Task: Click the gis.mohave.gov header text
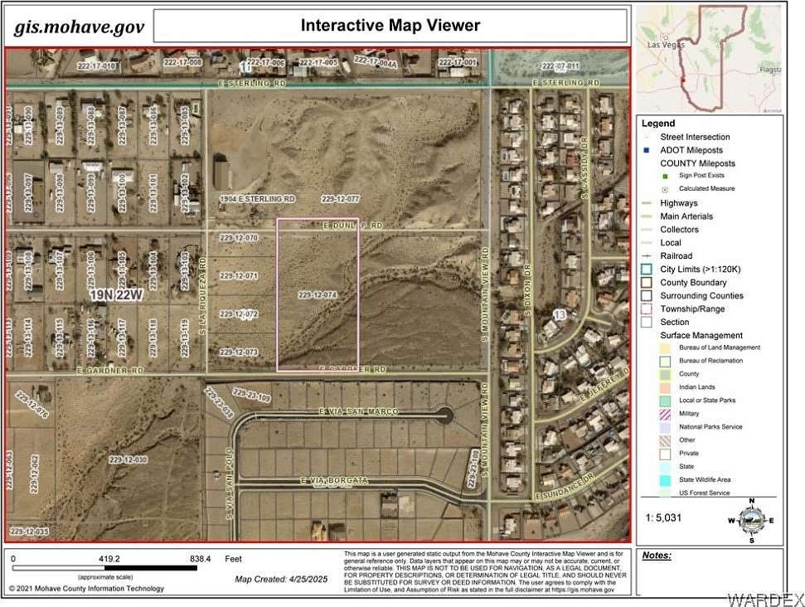coord(79,27)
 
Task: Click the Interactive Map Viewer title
coord(390,25)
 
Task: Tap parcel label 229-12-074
coord(318,294)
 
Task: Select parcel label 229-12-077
coord(341,199)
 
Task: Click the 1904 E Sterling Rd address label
coord(257,199)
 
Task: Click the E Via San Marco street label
coord(358,412)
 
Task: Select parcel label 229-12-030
coord(128,459)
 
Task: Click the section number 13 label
coord(560,315)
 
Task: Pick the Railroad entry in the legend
coord(676,256)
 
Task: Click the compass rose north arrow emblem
coord(750,520)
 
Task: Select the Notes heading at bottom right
coord(656,555)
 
